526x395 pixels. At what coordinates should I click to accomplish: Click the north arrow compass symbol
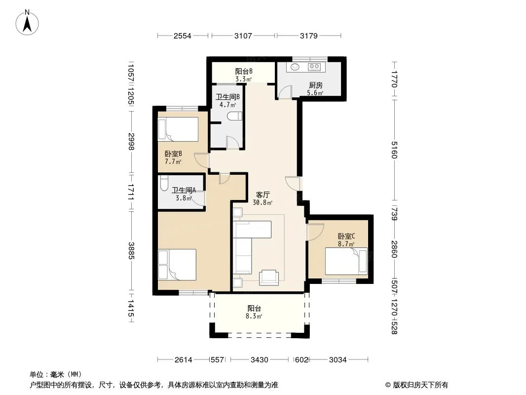click(x=27, y=23)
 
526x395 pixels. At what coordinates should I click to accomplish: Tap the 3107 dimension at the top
click(x=243, y=36)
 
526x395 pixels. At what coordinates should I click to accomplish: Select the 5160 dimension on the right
click(x=394, y=150)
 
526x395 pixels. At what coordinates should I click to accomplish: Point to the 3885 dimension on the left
click(x=131, y=251)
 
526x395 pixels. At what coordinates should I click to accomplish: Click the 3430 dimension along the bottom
click(x=260, y=360)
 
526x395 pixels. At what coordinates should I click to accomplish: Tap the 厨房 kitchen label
click(x=315, y=85)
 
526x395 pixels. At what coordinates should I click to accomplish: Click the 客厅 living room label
click(x=263, y=195)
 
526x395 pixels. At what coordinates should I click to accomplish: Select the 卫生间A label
click(x=184, y=190)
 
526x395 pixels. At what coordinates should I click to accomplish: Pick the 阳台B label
click(x=244, y=71)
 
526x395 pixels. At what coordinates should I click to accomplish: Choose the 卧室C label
click(x=346, y=237)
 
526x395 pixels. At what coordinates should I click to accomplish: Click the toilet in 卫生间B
click(x=234, y=116)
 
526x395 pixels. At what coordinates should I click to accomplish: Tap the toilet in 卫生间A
click(x=163, y=183)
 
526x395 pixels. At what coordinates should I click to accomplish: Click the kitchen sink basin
click(x=295, y=67)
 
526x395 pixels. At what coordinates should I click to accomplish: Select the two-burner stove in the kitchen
click(x=314, y=67)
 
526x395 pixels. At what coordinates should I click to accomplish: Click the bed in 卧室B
click(x=178, y=129)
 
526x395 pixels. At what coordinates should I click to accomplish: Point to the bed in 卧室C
click(x=346, y=261)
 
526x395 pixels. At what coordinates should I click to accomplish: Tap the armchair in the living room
click(x=269, y=277)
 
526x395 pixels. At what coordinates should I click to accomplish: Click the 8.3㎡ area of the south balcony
click(x=254, y=316)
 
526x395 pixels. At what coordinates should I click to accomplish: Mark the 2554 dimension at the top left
click(x=182, y=36)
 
